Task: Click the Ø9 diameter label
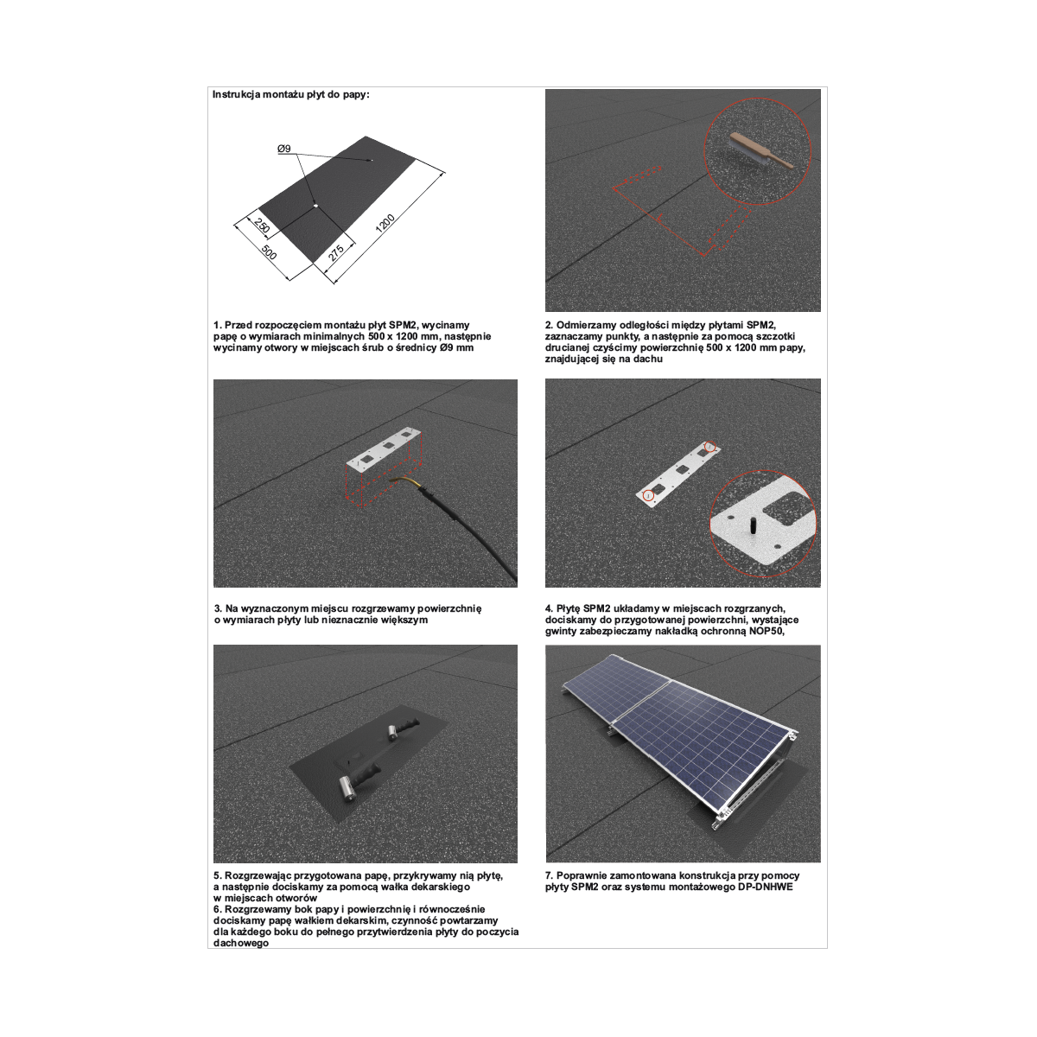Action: click(284, 149)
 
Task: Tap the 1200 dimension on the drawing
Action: click(385, 223)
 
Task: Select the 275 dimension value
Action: click(336, 253)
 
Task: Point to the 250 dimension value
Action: click(261, 226)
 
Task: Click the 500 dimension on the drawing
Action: click(269, 251)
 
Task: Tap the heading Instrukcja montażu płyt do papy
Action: click(291, 95)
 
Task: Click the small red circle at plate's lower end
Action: click(648, 495)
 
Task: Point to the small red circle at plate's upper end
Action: click(710, 447)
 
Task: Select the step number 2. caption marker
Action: click(550, 325)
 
